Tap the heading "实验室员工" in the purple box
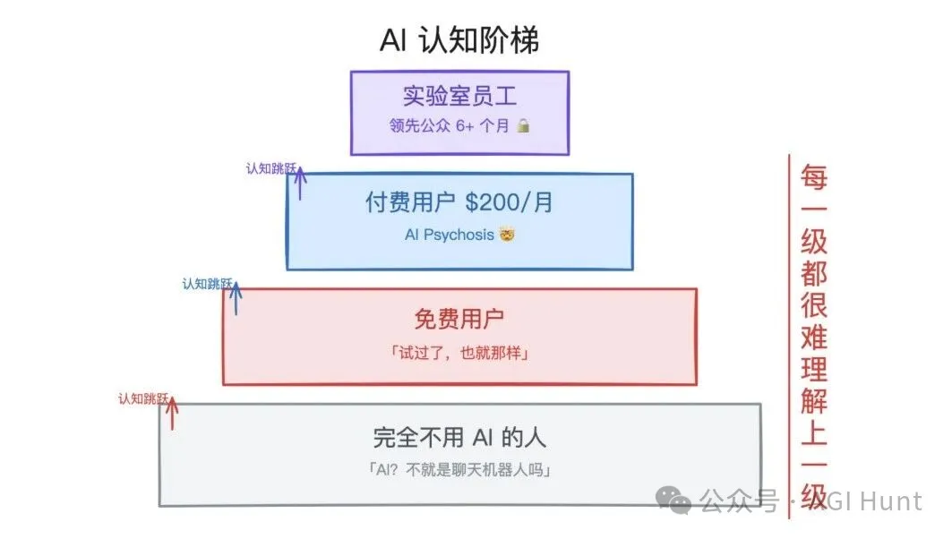(x=459, y=96)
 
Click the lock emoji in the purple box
(x=523, y=126)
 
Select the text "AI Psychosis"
(x=449, y=235)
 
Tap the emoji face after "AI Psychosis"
(x=509, y=235)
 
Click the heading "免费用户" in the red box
(x=459, y=318)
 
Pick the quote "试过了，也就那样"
(x=459, y=353)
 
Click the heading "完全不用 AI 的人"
(x=459, y=437)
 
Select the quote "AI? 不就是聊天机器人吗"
(x=459, y=469)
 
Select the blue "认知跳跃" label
(x=207, y=284)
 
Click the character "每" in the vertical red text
(x=814, y=177)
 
